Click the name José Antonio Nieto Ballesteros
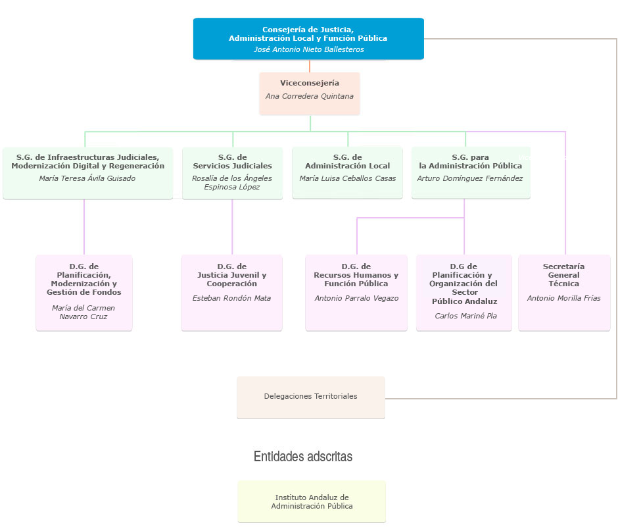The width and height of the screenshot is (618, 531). pos(308,49)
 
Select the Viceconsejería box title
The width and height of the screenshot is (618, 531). pos(310,83)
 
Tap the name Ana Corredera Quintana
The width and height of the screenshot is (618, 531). pos(310,96)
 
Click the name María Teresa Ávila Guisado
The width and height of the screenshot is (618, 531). pos(87,178)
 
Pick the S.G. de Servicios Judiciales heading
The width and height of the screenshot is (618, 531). pos(232,161)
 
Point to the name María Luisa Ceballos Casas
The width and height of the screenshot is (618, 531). pos(347,178)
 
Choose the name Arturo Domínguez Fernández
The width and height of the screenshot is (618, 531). pos(470,178)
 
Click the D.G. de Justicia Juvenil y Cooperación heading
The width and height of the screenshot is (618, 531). pos(231,275)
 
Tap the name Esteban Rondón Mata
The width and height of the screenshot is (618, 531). pos(231,298)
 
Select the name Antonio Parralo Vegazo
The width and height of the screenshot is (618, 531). pos(356,298)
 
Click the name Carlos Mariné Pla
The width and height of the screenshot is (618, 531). pos(465,316)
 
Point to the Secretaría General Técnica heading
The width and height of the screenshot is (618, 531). pos(563,275)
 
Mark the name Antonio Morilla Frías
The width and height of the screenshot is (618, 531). pos(563,298)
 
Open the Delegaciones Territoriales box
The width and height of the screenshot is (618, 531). pos(310,397)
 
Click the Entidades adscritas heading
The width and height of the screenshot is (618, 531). pos(303,457)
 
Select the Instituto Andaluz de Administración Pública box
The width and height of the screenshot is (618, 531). pos(312,502)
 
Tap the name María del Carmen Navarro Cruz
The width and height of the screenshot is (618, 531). pos(83,312)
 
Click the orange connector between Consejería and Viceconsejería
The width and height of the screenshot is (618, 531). pos(310,66)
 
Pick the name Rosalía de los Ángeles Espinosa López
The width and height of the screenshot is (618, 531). pos(232,182)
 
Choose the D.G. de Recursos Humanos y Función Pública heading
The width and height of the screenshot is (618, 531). pos(356,275)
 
